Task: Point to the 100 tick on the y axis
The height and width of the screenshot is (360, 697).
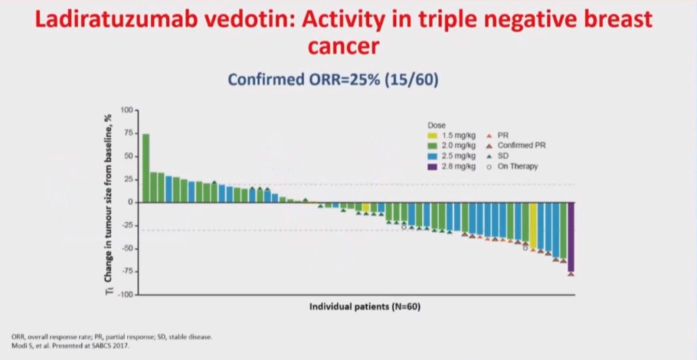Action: pyautogui.click(x=127, y=110)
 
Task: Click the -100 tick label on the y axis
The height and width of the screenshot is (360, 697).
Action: pyautogui.click(x=125, y=295)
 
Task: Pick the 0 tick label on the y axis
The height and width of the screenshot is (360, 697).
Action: pyautogui.click(x=131, y=202)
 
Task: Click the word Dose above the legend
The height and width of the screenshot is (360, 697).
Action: pyautogui.click(x=436, y=125)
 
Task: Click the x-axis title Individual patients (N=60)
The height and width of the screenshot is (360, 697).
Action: pyautogui.click(x=365, y=307)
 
